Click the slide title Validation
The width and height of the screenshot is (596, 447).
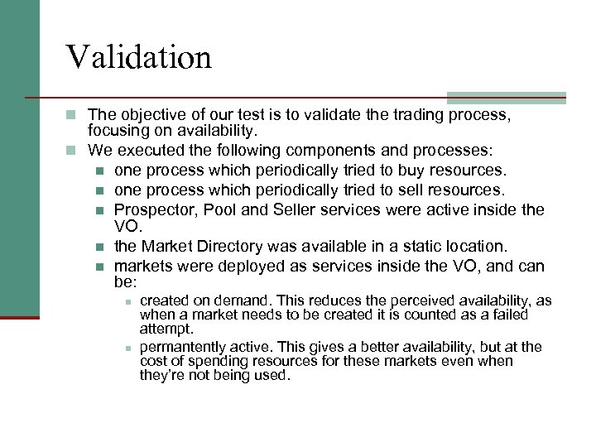139,57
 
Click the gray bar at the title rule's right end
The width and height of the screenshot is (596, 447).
506,97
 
